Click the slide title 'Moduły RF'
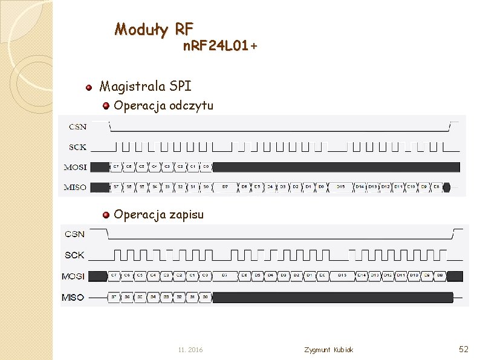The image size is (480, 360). (154, 28)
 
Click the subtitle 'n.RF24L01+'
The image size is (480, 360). (220, 46)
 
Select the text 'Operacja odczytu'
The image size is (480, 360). (163, 106)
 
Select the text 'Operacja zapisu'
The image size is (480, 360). (158, 214)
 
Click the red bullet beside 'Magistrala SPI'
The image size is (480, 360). (88, 87)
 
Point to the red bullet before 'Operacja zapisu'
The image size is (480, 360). (106, 215)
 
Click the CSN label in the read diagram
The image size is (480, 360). (77, 126)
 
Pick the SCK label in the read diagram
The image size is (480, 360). (77, 146)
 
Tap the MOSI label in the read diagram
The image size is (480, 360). (76, 167)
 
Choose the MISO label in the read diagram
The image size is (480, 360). (76, 187)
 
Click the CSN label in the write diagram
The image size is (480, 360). (74, 234)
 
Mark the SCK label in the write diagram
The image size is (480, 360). (74, 255)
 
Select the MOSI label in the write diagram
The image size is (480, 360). (73, 276)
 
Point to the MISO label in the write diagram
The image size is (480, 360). (73, 297)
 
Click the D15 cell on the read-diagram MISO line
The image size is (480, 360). (341, 187)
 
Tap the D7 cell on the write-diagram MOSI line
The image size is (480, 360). (224, 276)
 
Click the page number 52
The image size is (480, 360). (464, 349)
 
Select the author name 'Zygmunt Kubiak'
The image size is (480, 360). (329, 350)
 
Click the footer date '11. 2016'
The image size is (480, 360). (190, 350)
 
